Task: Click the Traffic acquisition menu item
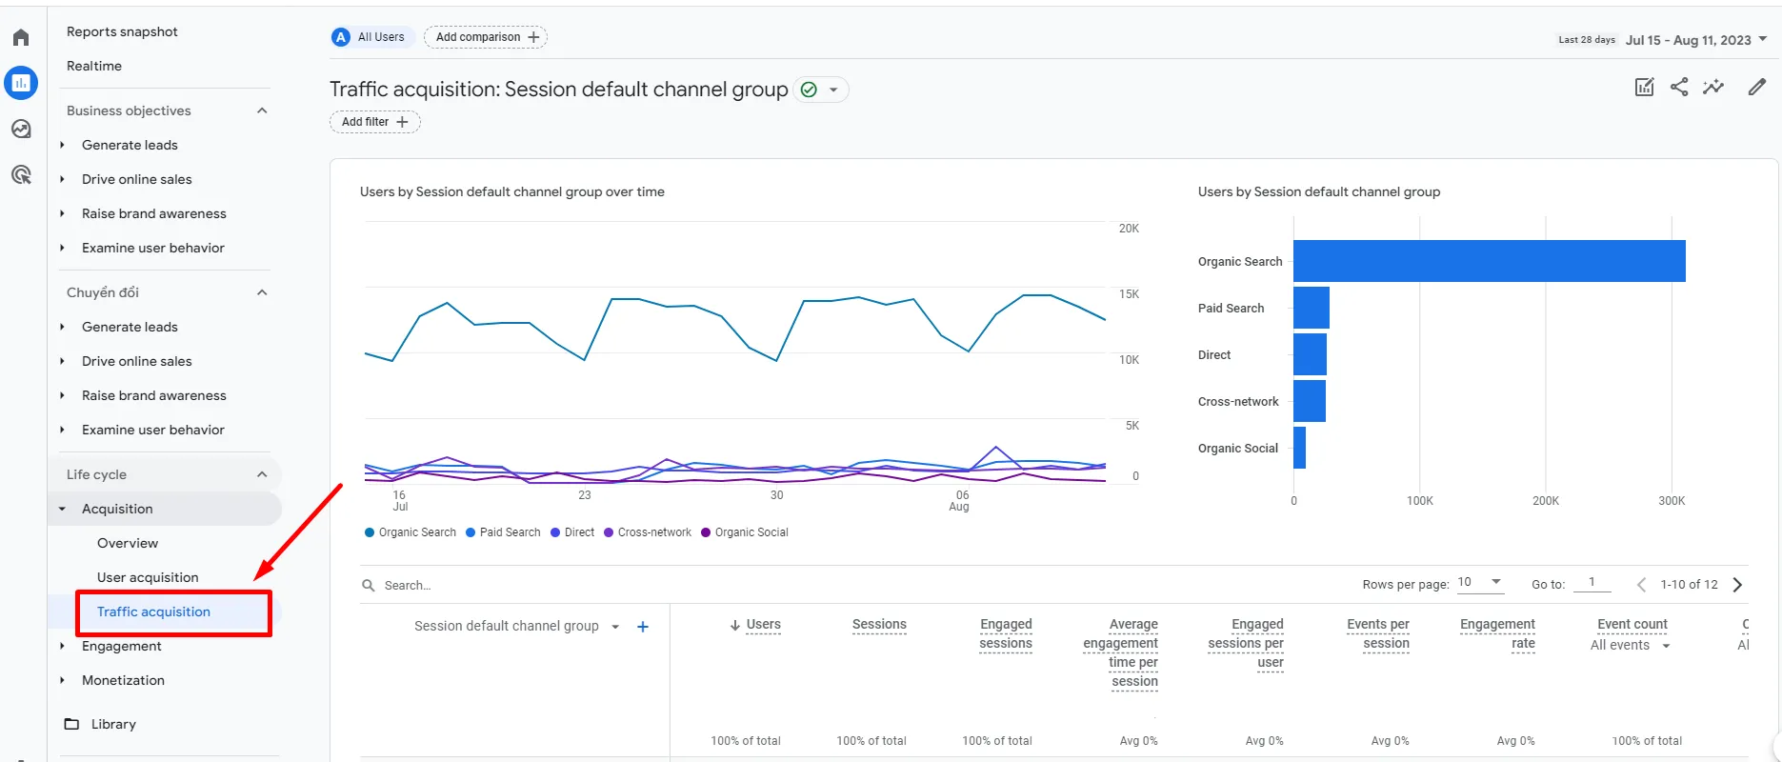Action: coord(153,612)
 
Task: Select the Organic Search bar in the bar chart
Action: coord(1489,261)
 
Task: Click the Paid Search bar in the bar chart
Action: coord(1311,308)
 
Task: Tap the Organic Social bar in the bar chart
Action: coord(1299,448)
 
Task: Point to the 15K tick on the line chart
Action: coord(1129,294)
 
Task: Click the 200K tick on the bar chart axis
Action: coord(1545,501)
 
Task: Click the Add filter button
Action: coord(374,122)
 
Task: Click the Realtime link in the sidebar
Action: coord(94,66)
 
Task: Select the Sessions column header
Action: coord(878,625)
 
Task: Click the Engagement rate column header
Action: coord(1497,633)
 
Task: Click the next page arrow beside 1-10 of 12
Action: coord(1737,585)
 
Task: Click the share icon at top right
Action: coord(1679,88)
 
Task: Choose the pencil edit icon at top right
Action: coord(1756,88)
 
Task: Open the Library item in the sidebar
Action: coord(113,724)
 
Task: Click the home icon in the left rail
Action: coord(21,38)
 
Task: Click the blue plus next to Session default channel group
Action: coord(643,627)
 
